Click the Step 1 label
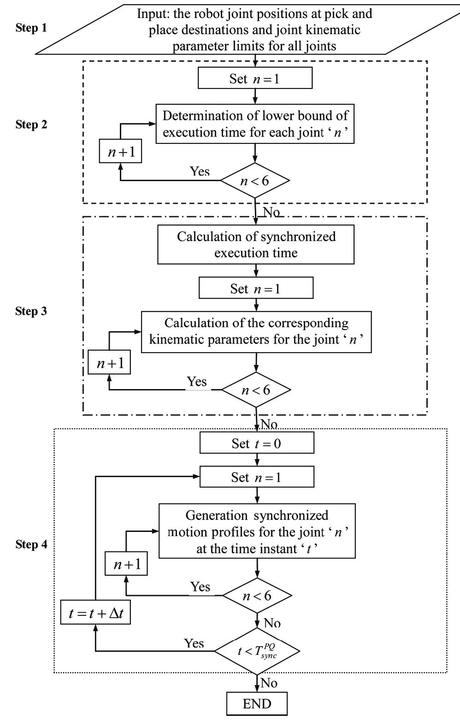(x=31, y=28)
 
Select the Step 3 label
(x=31, y=311)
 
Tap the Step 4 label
(x=31, y=544)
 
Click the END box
(x=257, y=704)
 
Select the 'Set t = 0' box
(x=257, y=443)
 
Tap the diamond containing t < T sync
(x=257, y=651)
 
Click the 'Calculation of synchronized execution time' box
(x=256, y=244)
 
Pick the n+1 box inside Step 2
(x=121, y=152)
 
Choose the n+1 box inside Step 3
(x=109, y=363)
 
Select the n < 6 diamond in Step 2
(x=255, y=180)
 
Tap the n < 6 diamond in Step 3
(x=256, y=390)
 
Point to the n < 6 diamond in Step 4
(x=257, y=596)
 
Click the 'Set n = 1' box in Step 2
(x=255, y=78)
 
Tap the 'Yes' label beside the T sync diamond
(x=194, y=643)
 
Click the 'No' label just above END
(x=269, y=683)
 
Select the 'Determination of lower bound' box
(x=255, y=124)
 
